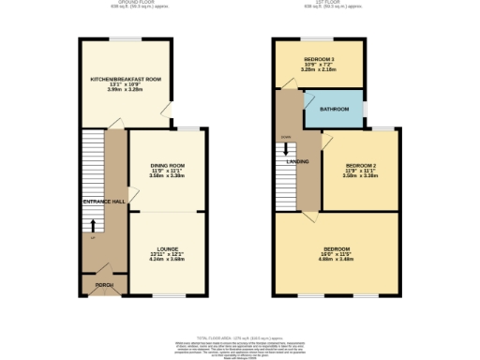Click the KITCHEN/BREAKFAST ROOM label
126,79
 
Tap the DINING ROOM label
168,165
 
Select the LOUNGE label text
168,248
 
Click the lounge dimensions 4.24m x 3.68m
168,260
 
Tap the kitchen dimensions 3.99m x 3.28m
126,90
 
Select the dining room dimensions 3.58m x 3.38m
168,176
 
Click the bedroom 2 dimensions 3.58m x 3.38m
360,175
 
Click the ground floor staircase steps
91,159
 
